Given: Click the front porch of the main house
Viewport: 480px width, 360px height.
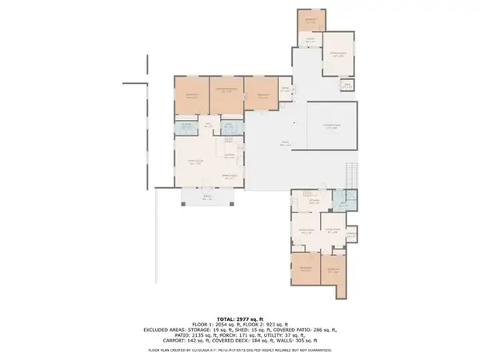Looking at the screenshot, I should (208, 198).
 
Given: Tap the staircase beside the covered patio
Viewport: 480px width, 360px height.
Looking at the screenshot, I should (350, 173).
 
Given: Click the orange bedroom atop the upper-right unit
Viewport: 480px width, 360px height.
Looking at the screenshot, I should (312, 22).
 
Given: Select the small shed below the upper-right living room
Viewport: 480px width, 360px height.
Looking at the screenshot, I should (346, 86).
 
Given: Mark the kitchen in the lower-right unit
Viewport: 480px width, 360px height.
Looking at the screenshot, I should (309, 200).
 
